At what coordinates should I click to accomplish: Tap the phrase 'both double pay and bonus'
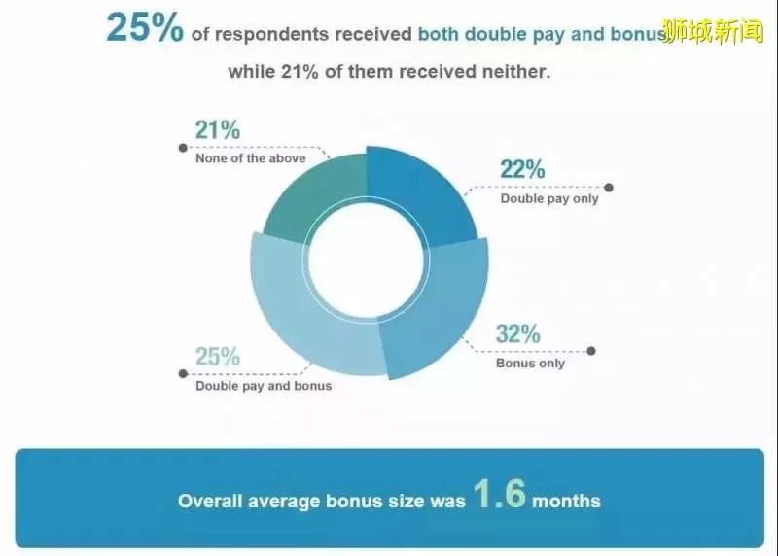(543, 34)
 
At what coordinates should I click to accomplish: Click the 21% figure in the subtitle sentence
(300, 72)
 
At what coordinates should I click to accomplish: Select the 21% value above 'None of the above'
(217, 130)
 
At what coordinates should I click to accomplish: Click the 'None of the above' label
(251, 158)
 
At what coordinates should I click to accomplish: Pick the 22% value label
(522, 169)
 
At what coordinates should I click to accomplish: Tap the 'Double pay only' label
(549, 199)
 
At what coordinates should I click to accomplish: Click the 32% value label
(518, 333)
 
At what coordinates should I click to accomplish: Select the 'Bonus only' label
(530, 364)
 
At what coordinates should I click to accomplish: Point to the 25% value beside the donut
(217, 356)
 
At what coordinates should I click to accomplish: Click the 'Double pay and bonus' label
(264, 386)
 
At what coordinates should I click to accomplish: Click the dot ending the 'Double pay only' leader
(609, 188)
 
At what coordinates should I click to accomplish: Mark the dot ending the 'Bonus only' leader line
(591, 351)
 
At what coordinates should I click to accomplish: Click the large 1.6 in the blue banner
(499, 494)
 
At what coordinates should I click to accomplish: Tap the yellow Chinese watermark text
(713, 31)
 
